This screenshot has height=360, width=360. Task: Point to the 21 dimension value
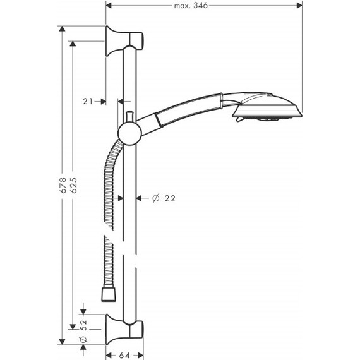(88, 101)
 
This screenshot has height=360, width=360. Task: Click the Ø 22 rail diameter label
(164, 198)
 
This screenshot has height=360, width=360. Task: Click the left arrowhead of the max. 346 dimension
(109, 5)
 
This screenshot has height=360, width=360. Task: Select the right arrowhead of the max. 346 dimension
(299, 5)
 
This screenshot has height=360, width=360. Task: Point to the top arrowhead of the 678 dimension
(62, 30)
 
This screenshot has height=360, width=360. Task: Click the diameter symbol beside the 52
(83, 342)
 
